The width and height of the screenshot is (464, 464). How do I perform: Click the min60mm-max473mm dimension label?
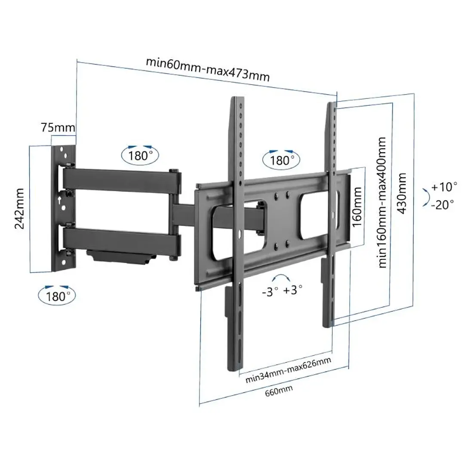point(208,69)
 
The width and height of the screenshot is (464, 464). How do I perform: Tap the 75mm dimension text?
point(58,127)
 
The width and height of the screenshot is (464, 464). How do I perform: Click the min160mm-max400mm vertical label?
point(381,203)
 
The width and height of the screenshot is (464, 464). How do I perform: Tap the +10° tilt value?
point(444,187)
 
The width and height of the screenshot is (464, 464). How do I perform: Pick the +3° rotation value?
point(293,290)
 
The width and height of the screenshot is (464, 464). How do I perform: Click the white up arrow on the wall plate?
point(59,200)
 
